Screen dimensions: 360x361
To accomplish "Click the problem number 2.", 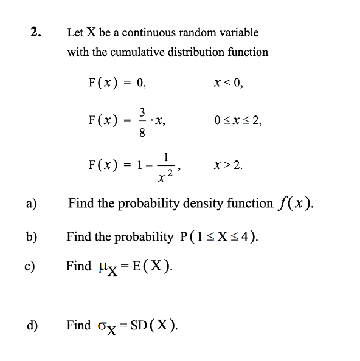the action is [36, 32].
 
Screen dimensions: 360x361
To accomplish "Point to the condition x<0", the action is [228, 84].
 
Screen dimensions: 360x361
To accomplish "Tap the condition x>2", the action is [229, 164].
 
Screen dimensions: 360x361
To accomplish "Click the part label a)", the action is [31, 204].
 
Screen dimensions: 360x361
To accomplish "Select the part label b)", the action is [31, 235].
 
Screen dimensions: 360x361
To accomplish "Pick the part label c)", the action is [31, 266].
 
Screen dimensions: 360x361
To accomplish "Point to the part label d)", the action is [31, 325].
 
